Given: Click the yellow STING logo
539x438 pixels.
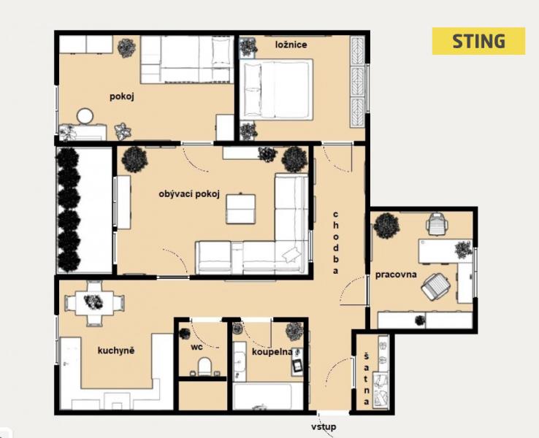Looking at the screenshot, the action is [478, 41].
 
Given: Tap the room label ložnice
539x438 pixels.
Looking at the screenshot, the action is [291, 45].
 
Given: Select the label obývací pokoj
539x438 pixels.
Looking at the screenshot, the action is [189, 194].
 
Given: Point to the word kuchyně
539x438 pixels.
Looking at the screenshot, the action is [116, 350].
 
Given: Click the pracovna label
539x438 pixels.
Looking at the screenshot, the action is [396, 274].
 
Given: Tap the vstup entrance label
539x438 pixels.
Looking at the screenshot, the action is [324, 427].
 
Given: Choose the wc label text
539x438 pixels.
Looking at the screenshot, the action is [196, 347].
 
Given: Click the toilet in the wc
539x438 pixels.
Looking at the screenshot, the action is [204, 366].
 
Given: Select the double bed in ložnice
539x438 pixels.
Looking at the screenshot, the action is [277, 89].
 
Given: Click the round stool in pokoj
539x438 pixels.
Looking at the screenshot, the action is [85, 116].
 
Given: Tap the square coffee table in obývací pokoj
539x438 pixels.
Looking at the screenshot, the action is [240, 209].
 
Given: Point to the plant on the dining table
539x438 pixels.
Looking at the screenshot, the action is [93, 302].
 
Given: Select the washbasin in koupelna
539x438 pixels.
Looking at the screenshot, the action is [240, 361].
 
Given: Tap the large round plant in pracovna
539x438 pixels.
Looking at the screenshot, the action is [386, 226].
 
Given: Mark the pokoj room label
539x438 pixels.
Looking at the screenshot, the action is [122, 96].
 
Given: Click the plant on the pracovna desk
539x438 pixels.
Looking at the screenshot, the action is [463, 250].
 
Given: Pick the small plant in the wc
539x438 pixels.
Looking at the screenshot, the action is [185, 333].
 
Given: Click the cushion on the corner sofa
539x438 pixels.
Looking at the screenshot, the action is [291, 255].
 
